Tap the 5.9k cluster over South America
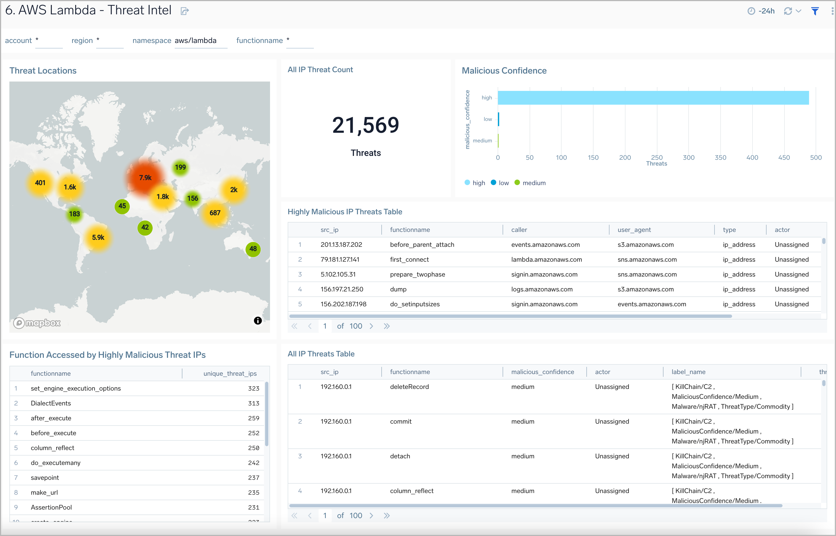tap(98, 238)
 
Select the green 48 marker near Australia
tap(253, 249)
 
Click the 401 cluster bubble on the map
tap(40, 183)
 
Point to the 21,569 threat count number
tap(366, 125)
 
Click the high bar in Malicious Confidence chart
tap(653, 98)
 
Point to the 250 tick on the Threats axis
tap(657, 158)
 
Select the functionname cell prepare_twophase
tap(417, 275)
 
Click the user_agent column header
tap(634, 230)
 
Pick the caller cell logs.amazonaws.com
tap(542, 289)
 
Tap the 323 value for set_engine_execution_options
tap(254, 388)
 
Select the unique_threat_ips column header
tap(230, 373)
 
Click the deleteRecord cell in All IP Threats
tap(409, 387)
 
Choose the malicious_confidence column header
tap(543, 372)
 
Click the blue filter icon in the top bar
tap(815, 11)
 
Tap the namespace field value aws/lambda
tap(196, 41)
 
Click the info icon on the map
tap(258, 321)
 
